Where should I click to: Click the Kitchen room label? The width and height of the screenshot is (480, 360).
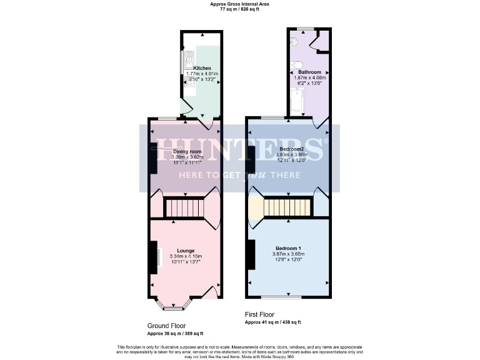(202, 68)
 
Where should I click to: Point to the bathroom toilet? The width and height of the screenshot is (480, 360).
(297, 64)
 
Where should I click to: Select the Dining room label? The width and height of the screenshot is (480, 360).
(187, 151)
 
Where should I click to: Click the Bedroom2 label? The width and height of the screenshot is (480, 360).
(291, 149)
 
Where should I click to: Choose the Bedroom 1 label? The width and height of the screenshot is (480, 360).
(287, 248)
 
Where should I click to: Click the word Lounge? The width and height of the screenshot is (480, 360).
(185, 251)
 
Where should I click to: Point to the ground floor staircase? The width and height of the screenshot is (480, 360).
(184, 207)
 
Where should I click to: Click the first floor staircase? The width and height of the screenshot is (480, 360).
(287, 207)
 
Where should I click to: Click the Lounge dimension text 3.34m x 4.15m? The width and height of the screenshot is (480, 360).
(185, 257)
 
